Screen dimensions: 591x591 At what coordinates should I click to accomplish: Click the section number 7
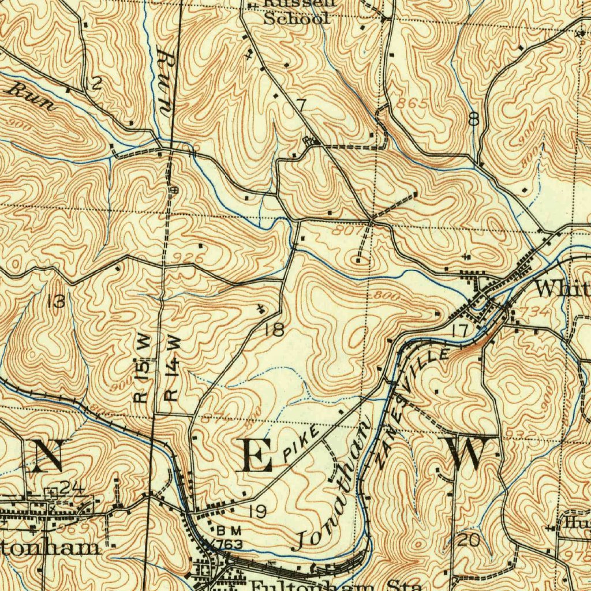[x=301, y=105]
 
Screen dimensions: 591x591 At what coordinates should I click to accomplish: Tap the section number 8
[x=474, y=119]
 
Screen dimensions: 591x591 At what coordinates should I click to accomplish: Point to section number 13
[x=56, y=301]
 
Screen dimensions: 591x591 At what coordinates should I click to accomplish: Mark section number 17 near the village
[x=459, y=331]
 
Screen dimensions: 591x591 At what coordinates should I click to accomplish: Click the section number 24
[x=72, y=488]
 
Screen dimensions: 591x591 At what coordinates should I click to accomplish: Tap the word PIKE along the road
[x=301, y=443]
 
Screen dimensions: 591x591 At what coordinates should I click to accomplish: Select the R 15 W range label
[x=142, y=369]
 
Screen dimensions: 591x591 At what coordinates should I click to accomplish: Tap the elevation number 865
[x=413, y=104]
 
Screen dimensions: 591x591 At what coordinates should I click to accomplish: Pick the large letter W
[x=467, y=454]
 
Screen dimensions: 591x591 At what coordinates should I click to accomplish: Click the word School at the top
[x=296, y=18]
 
